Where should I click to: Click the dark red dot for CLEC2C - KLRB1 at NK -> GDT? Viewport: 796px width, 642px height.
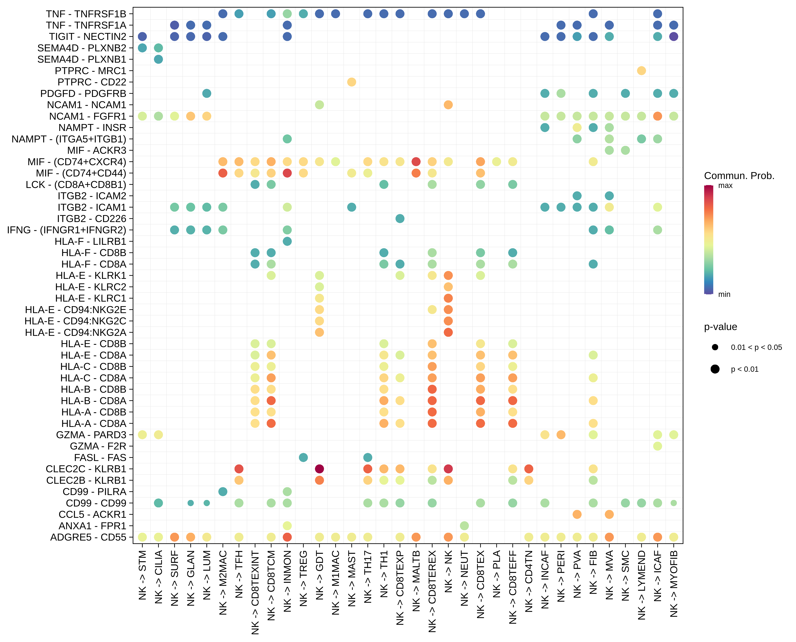coord(319,469)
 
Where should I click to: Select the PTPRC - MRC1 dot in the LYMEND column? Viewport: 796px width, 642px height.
coord(642,71)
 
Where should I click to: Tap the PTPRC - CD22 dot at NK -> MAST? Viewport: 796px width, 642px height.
coord(352,82)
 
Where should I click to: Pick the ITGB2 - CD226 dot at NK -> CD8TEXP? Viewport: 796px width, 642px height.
coord(400,219)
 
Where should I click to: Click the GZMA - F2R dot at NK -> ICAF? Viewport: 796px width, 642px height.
coord(658,446)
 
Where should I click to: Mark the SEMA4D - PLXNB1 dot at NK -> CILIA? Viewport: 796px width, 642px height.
coord(158,59)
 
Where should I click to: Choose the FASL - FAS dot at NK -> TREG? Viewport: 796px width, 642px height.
coord(303,458)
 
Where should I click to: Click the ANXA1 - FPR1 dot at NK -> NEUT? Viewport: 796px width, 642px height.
coord(464,525)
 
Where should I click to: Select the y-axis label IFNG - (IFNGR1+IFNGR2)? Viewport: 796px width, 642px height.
coord(66,230)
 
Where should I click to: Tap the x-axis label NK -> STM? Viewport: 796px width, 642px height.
coord(143,575)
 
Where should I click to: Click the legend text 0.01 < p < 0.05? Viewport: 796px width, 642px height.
coord(756,347)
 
